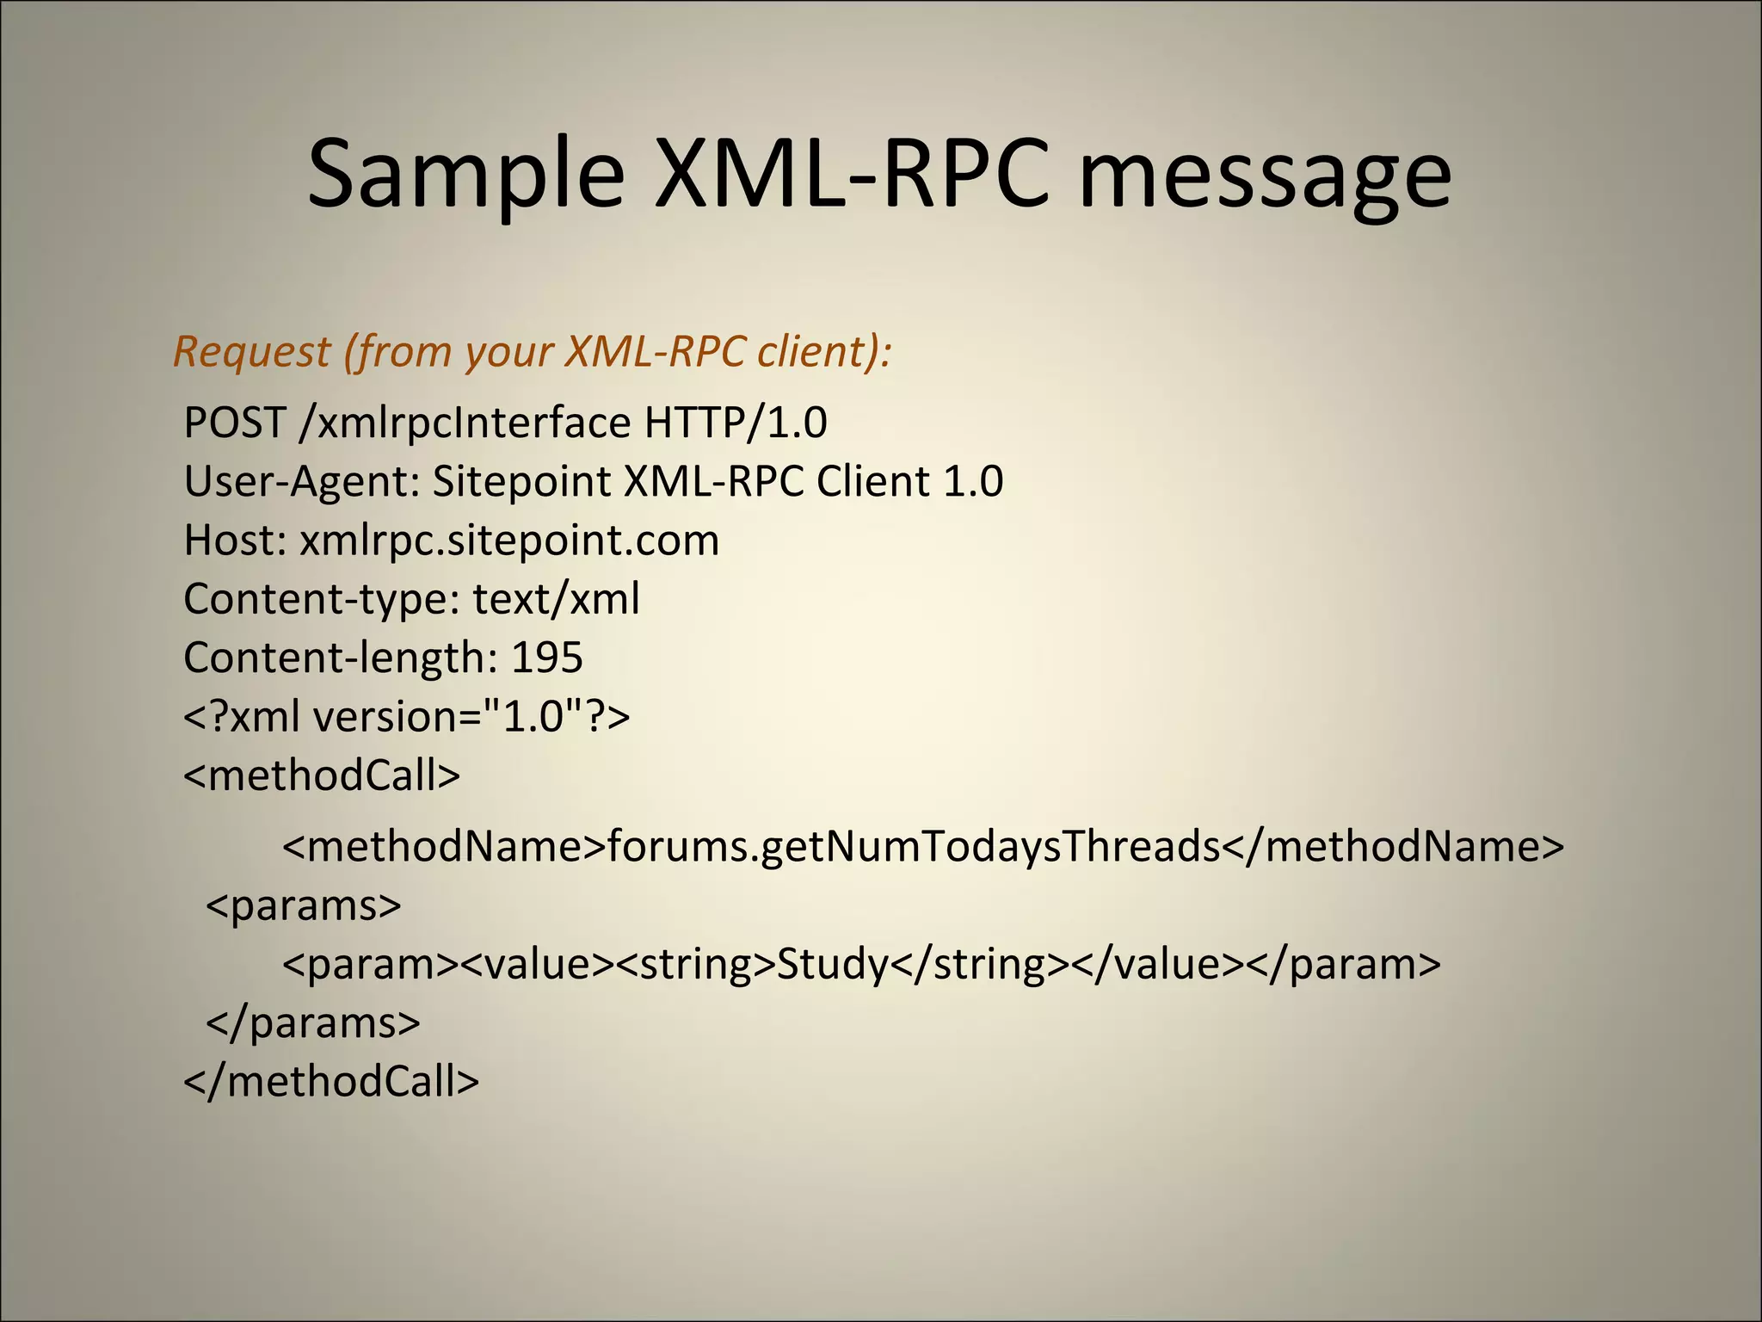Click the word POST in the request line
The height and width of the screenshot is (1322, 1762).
[234, 423]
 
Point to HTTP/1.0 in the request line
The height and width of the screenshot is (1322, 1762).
[736, 423]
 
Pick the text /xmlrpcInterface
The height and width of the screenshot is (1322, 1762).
[465, 423]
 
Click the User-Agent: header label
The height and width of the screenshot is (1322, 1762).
[302, 481]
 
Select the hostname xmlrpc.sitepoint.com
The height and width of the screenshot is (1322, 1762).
[509, 541]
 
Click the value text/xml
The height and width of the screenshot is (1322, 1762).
[557, 599]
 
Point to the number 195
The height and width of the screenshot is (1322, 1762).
[547, 658]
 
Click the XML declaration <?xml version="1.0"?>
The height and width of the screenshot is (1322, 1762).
[407, 716]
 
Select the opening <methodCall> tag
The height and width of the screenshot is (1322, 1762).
[322, 775]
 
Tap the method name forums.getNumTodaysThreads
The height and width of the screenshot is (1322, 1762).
[915, 847]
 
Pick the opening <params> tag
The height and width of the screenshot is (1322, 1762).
[304, 905]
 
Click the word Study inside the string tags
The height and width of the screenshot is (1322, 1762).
[832, 965]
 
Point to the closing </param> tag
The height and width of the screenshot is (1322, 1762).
[1343, 965]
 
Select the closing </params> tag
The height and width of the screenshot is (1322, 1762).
[313, 1023]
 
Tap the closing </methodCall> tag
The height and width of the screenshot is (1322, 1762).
[331, 1082]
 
